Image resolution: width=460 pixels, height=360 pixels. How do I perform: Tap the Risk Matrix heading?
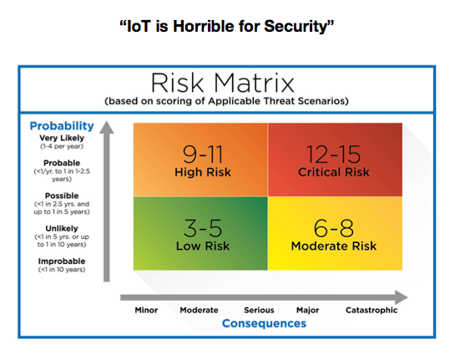[223, 83]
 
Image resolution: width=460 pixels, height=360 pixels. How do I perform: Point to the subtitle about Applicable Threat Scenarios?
[226, 101]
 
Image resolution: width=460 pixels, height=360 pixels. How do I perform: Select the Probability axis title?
[62, 126]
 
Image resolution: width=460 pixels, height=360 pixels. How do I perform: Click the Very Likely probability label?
[62, 138]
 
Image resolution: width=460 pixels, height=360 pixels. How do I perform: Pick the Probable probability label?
[62, 163]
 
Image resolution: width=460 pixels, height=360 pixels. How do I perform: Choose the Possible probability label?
[62, 195]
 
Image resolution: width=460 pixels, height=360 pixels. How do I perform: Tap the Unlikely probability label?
[62, 229]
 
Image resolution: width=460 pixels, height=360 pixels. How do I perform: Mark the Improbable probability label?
[62, 261]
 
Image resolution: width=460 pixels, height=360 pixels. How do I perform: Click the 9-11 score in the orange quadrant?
[203, 155]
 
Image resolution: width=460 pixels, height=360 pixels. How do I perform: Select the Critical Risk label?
[334, 172]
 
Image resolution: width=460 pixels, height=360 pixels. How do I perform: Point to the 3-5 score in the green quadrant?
[203, 228]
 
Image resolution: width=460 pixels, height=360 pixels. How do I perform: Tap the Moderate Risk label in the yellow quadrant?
[334, 246]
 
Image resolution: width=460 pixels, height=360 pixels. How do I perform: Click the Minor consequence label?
[146, 310]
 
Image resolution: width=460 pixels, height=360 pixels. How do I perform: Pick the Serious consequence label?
[259, 310]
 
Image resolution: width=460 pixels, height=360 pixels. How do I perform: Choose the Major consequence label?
[308, 310]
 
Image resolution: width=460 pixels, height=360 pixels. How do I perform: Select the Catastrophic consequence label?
[372, 310]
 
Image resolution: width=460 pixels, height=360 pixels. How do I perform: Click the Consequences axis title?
[264, 323]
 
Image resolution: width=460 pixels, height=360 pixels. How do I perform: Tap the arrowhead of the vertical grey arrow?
[107, 127]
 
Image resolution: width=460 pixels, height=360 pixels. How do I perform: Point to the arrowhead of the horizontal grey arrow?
[402, 297]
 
